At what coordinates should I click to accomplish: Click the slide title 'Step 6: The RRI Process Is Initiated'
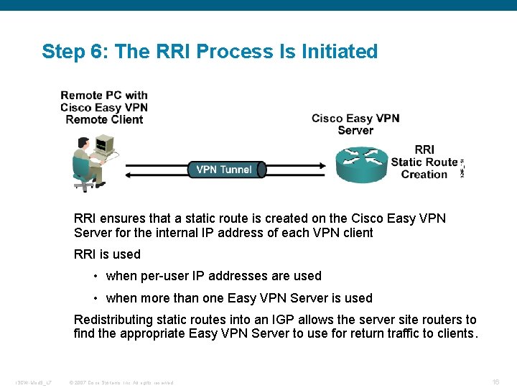209,52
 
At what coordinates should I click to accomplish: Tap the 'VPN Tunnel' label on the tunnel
223,170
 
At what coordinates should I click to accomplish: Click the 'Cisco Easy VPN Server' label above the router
355,124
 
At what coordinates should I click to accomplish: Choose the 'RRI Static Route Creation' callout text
424,162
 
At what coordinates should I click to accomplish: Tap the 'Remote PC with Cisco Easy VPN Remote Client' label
104,107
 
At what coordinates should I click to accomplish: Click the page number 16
495,382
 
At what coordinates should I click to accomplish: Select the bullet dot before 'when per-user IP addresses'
96,277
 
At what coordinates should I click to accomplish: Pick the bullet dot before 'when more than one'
96,299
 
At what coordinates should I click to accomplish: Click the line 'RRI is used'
107,254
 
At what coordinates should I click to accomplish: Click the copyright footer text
121,382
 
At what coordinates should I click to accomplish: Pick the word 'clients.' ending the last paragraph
456,333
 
